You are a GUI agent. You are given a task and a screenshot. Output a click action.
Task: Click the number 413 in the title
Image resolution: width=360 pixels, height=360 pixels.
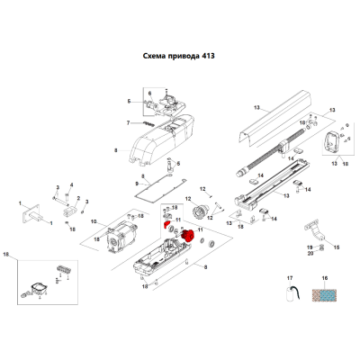(207, 56)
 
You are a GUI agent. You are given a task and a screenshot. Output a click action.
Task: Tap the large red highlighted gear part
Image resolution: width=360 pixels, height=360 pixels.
(187, 236)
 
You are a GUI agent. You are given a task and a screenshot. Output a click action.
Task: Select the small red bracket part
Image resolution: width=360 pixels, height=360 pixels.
(166, 224)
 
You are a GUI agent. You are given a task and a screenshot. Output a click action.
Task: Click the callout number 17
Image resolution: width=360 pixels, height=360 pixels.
(290, 278)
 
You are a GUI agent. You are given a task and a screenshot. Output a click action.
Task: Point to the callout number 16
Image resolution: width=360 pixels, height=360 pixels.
(325, 278)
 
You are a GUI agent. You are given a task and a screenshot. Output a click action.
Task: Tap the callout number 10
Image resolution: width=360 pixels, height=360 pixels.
(94, 221)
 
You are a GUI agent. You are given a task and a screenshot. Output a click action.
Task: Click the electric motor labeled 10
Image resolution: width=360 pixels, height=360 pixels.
(121, 237)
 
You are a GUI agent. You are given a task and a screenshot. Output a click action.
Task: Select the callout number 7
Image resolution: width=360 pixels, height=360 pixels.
(129, 122)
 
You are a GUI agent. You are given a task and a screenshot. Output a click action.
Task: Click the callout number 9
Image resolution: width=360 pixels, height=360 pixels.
(137, 184)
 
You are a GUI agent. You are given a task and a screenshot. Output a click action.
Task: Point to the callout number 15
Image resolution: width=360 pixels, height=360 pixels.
(337, 247)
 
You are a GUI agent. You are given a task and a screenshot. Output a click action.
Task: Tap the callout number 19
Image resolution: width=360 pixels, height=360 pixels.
(310, 247)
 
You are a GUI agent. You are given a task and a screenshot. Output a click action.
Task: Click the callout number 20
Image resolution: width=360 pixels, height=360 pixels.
(310, 254)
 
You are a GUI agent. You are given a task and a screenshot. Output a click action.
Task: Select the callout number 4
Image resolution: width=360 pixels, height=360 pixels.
(72, 184)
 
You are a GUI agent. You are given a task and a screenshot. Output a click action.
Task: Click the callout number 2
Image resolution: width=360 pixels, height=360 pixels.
(78, 198)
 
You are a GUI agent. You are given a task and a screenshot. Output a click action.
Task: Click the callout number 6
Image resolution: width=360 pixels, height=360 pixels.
(150, 94)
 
